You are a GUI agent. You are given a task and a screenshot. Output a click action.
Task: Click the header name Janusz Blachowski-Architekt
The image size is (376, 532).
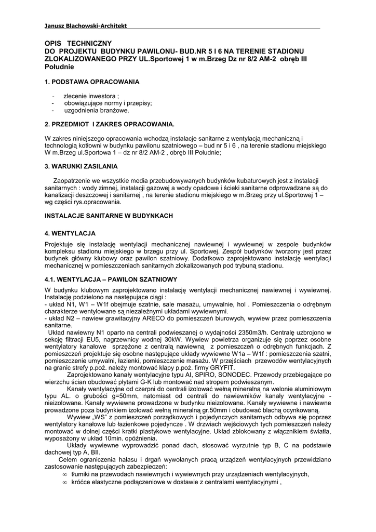pyautogui.click(x=86, y=25)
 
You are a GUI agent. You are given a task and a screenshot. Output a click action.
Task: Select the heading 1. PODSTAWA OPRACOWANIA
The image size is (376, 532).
pyautogui.click(x=92, y=82)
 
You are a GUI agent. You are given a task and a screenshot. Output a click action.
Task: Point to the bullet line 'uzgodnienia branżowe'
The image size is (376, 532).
pyautogui.click(x=96, y=111)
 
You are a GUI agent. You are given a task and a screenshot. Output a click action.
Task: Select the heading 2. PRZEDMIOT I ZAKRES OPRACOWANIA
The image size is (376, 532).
pyautogui.click(x=110, y=125)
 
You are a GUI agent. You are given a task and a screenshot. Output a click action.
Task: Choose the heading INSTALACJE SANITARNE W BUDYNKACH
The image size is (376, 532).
pyautogui.click(x=109, y=215)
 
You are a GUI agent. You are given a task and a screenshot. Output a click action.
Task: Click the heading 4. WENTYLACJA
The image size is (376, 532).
pyautogui.click(x=70, y=233)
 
